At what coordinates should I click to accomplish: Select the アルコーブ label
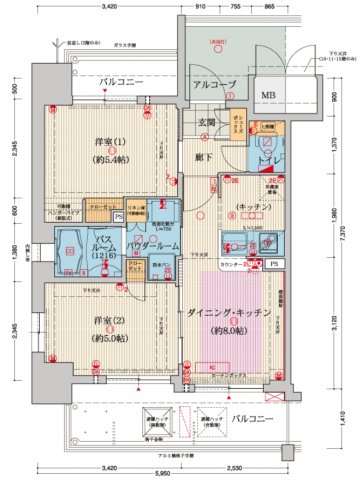click(x=212, y=86)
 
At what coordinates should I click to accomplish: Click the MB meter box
click(x=268, y=96)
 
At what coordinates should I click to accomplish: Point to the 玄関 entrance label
click(x=207, y=122)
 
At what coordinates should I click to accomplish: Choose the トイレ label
click(x=269, y=161)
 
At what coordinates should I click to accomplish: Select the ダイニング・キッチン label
click(x=228, y=313)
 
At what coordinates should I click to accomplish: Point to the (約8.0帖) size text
click(x=228, y=331)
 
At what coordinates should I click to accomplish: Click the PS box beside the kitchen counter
click(x=276, y=264)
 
